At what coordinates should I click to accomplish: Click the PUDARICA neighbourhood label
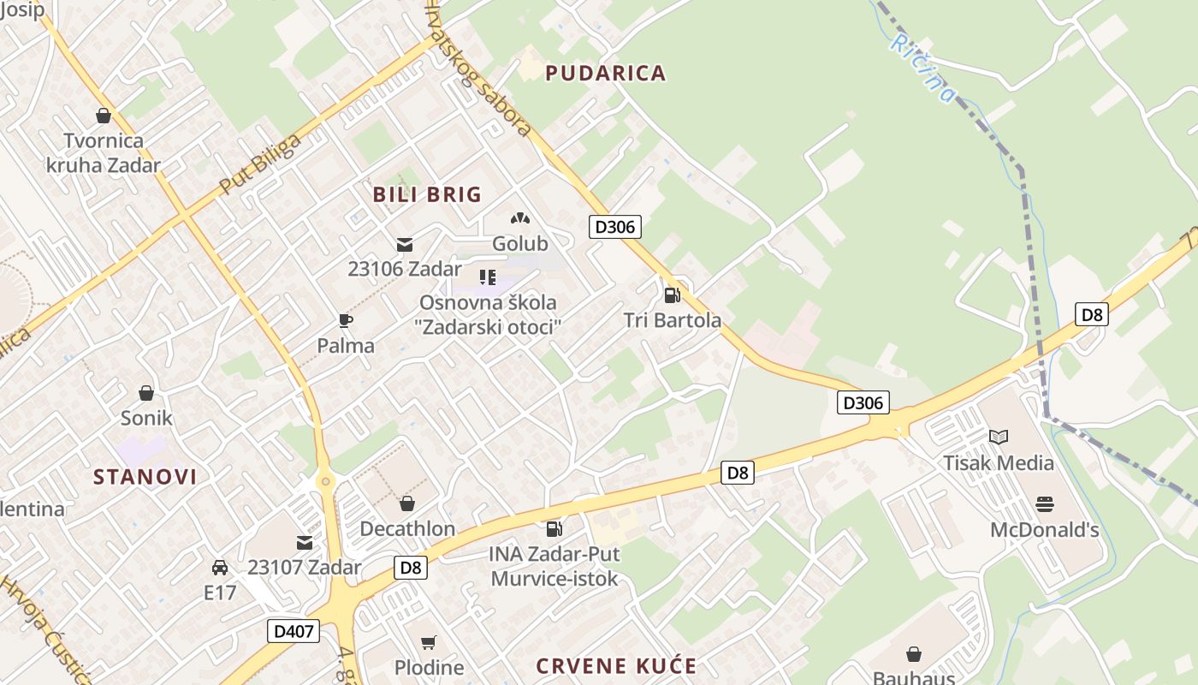605,73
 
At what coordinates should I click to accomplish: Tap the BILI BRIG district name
427,194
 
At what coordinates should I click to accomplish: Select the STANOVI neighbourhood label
145,477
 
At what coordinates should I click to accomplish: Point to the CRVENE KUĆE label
616,665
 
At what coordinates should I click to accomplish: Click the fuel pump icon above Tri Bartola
673,295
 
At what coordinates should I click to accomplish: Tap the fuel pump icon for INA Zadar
555,529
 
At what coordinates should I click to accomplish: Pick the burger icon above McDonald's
1044,503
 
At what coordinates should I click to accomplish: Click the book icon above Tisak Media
999,438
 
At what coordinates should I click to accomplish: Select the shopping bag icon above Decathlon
407,503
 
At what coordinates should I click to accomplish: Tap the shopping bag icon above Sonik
146,393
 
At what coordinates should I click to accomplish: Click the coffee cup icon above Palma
346,321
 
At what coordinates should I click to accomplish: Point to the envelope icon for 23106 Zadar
405,246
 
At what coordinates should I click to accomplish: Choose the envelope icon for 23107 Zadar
305,542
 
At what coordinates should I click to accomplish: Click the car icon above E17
220,567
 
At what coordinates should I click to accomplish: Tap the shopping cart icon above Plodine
429,642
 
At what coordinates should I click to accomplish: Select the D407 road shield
294,632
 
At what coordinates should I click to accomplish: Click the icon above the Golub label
519,219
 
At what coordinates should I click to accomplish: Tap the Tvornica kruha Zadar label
104,152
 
